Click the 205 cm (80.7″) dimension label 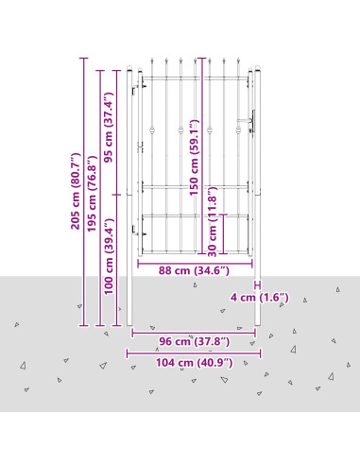point(76,191)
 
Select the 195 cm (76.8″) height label point(92,194)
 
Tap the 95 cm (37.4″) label point(109,128)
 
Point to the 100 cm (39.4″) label point(109,256)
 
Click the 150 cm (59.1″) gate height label point(194,157)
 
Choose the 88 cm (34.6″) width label point(194,270)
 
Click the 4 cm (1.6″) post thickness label point(260,298)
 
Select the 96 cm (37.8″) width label point(194,341)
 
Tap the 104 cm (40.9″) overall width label point(195,363)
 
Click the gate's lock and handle point(248,122)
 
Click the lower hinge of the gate point(138,231)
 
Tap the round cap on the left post point(129,68)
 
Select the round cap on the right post point(258,68)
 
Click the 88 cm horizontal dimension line point(195,264)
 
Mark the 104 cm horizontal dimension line point(194,353)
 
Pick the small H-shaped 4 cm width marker point(258,285)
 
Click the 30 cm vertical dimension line point(223,233)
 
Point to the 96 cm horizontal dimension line point(194,333)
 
